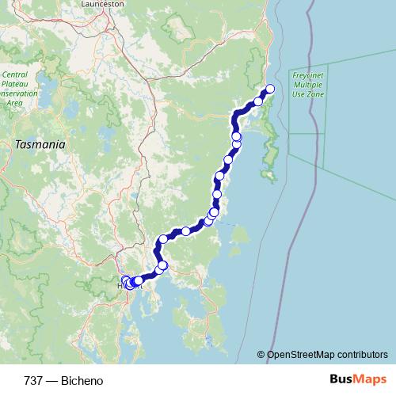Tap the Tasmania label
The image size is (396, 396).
[40, 145]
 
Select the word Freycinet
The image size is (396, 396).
[307, 74]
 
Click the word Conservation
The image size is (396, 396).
[22, 93]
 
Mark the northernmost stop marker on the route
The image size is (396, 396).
[270, 89]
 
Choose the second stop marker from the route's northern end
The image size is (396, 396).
[258, 101]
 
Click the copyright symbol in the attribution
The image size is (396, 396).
[261, 355]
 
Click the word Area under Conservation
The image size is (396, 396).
[14, 103]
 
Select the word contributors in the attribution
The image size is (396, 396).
[364, 355]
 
